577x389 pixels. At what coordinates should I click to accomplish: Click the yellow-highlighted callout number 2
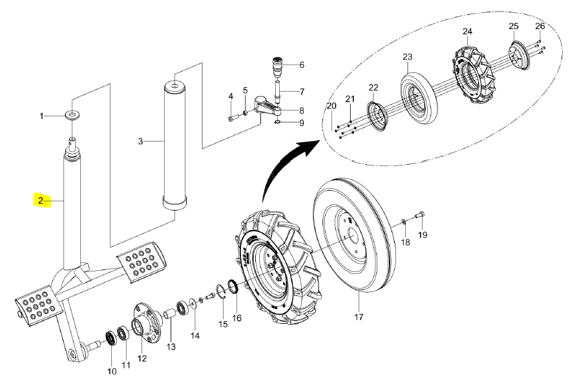(x=41, y=201)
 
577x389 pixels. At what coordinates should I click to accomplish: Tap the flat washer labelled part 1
(x=72, y=114)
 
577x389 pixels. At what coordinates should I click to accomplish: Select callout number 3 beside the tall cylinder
(x=140, y=142)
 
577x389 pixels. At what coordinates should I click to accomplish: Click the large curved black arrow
(x=286, y=163)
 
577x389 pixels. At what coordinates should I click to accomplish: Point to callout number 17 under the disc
(x=359, y=317)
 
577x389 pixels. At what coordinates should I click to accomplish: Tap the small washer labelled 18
(x=403, y=221)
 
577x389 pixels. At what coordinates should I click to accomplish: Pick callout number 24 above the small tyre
(x=467, y=32)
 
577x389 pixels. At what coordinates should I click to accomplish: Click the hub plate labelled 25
(x=518, y=55)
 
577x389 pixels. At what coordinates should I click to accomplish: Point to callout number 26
(x=540, y=26)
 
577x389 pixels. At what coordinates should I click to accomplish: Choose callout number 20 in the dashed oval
(x=331, y=106)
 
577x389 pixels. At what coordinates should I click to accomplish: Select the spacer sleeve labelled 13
(x=171, y=316)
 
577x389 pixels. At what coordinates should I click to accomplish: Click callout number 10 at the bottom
(x=112, y=371)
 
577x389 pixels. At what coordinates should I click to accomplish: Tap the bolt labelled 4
(x=233, y=118)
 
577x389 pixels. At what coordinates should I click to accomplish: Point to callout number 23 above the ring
(x=408, y=57)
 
